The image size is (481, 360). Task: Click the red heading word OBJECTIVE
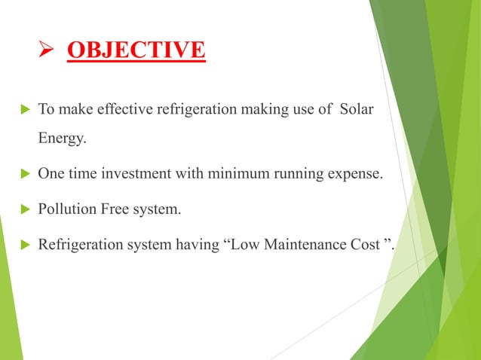[136, 50]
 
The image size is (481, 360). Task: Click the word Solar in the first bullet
[357, 111]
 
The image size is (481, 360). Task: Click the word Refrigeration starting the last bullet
[76, 244]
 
